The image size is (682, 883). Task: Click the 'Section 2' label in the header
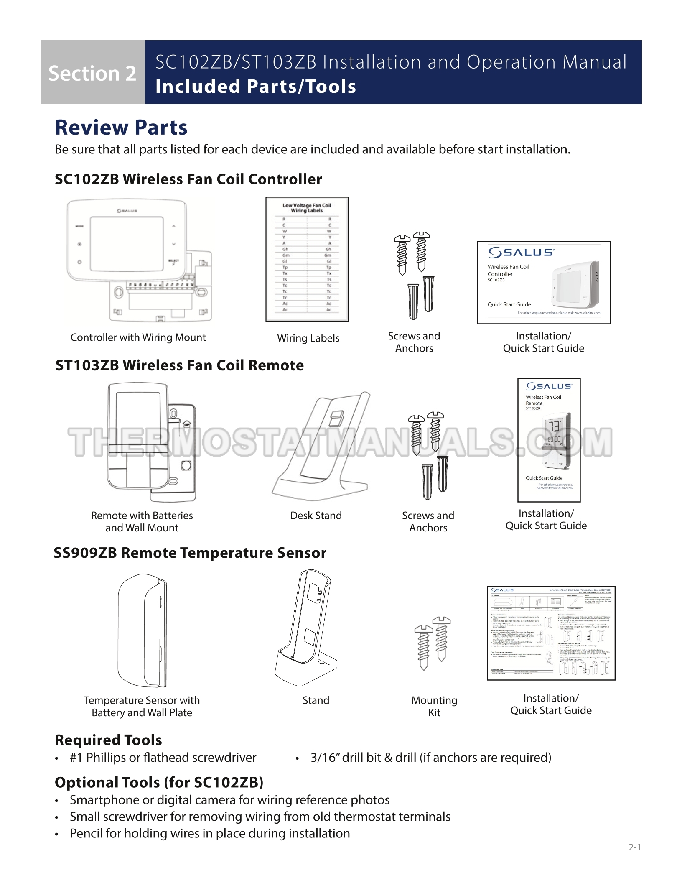click(x=92, y=73)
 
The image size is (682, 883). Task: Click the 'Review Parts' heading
click(x=121, y=128)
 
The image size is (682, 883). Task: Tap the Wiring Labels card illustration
click(x=307, y=259)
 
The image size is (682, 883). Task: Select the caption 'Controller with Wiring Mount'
click(x=138, y=337)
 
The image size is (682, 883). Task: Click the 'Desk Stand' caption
click(x=316, y=516)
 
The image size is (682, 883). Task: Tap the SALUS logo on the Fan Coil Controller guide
click(x=521, y=252)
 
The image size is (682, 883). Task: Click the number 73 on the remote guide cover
click(x=554, y=426)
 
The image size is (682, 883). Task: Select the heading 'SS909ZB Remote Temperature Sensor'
click(x=190, y=553)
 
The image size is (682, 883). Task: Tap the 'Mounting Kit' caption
click(x=434, y=707)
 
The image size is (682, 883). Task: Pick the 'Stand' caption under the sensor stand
click(x=316, y=700)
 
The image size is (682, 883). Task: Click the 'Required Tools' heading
click(x=108, y=740)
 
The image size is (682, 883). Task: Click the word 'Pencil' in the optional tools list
click(x=85, y=833)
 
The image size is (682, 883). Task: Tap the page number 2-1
click(x=634, y=847)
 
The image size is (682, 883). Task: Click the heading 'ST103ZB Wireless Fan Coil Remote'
click(x=180, y=365)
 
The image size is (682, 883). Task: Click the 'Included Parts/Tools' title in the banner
click(x=256, y=87)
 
